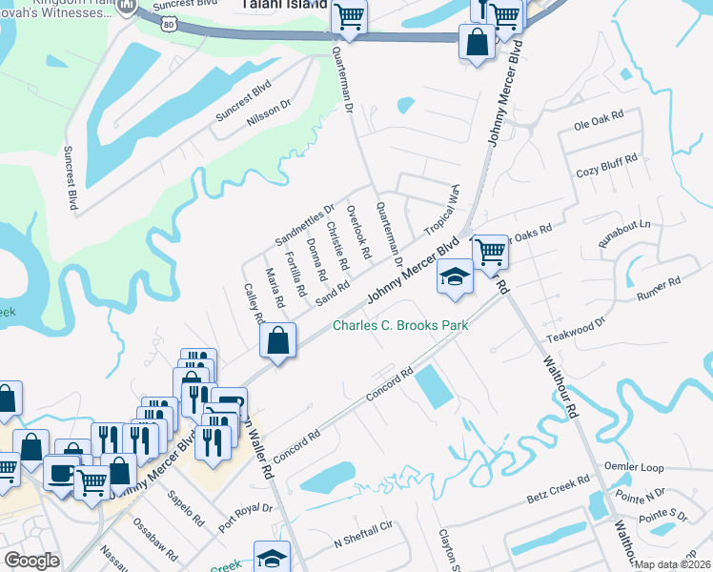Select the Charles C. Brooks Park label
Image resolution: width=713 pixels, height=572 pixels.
[400, 326]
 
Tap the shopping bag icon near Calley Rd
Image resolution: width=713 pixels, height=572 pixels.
[276, 341]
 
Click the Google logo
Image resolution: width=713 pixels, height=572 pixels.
[31, 561]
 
